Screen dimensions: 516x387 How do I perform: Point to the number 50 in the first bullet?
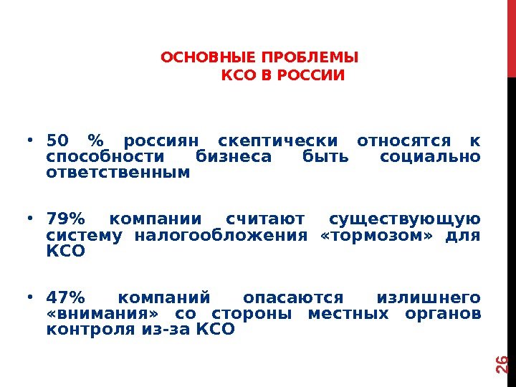tap(55, 140)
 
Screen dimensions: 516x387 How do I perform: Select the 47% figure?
tap(65, 297)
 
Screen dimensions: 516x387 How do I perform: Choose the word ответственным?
tap(118, 173)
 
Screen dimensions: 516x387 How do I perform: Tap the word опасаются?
tap(294, 297)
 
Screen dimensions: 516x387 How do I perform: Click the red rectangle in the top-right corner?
tap(511, 38)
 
